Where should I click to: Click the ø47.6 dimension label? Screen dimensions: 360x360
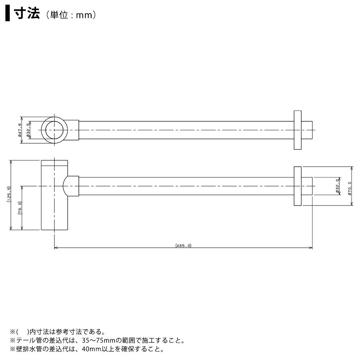click(19, 130)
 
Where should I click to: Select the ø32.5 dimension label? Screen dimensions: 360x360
click(28, 130)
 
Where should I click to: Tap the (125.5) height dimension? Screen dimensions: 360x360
click(9, 194)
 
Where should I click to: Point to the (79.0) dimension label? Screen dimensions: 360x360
click(20, 208)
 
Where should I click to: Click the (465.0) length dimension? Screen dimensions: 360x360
click(183, 246)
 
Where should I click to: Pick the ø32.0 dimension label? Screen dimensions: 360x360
click(337, 186)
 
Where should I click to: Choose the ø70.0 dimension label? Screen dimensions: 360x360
click(350, 188)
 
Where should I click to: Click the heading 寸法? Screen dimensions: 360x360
click(27, 14)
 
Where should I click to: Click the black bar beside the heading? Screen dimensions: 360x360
click(8, 14)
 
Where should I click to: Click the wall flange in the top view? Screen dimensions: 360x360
click(298, 130)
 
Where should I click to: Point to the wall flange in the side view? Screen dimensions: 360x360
click(298, 186)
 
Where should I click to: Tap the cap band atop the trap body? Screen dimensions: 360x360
click(54, 163)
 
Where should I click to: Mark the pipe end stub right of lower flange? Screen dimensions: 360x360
click(307, 186)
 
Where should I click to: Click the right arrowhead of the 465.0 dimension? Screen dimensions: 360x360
click(311, 248)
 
